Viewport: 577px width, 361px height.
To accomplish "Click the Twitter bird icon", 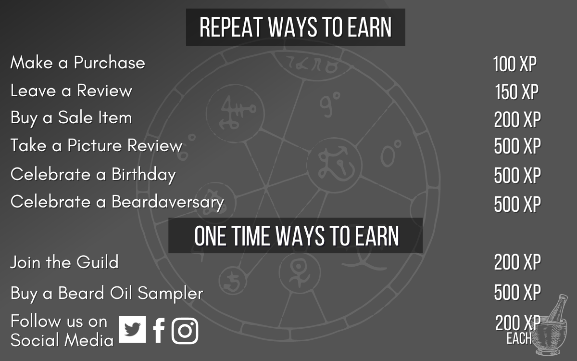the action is pos(132,329).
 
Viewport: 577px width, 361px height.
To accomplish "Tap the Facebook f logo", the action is pos(159,330).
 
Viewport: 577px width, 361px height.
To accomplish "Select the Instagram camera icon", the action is pos(185,331).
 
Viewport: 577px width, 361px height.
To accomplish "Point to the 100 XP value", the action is pos(515,64).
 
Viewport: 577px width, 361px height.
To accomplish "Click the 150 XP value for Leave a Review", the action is pos(517,92).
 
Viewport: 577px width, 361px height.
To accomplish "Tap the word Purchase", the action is pos(110,63).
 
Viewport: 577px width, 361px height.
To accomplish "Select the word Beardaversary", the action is pos(168,203).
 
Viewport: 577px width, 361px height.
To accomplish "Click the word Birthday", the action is pos(144,175).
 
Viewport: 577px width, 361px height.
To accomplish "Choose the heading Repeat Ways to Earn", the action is pos(295,27).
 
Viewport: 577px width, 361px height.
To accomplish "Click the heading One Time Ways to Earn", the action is pos(297,236).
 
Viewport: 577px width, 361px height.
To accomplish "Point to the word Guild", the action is pos(97,262).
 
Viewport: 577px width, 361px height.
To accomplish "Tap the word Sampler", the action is pos(170,294).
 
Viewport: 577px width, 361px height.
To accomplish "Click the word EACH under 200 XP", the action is pos(519,338).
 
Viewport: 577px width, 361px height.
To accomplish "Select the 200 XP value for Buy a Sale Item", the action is pos(517,119).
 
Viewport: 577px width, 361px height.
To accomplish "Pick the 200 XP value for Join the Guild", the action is pos(517,262).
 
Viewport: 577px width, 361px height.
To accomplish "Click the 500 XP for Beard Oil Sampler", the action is pos(517,293).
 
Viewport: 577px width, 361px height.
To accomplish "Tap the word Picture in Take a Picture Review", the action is pos(94,145).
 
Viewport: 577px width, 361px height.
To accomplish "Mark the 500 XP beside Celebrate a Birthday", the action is pos(517,175).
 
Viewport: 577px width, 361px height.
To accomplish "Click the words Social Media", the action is pos(62,340).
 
